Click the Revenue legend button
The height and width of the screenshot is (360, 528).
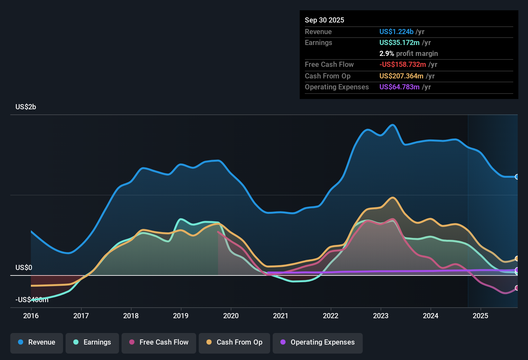pyautogui.click(x=37, y=342)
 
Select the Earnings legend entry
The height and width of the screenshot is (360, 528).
pyautogui.click(x=92, y=342)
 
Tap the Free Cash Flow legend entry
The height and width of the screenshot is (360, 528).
pyautogui.click(x=159, y=342)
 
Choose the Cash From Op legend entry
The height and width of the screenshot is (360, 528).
pyautogui.click(x=234, y=342)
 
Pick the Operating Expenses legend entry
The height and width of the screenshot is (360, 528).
pyautogui.click(x=318, y=342)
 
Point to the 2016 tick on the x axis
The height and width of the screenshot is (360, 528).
pyautogui.click(x=31, y=316)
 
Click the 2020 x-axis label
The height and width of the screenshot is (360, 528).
pyautogui.click(x=231, y=316)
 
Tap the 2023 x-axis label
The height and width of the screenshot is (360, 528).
pyautogui.click(x=381, y=316)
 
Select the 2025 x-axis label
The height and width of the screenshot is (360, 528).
pyautogui.click(x=480, y=316)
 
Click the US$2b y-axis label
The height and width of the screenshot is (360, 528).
pyautogui.click(x=26, y=107)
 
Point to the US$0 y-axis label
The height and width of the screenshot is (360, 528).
pyautogui.click(x=24, y=268)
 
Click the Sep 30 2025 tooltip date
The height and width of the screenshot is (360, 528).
pyautogui.click(x=324, y=20)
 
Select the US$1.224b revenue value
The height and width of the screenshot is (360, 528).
pyautogui.click(x=396, y=32)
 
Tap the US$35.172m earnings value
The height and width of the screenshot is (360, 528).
pyautogui.click(x=399, y=43)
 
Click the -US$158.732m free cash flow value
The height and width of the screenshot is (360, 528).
pyautogui.click(x=403, y=65)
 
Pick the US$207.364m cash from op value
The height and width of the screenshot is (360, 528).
pyautogui.click(x=401, y=76)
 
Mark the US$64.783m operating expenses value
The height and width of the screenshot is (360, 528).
pyautogui.click(x=399, y=87)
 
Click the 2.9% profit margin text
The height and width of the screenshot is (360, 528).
pyautogui.click(x=408, y=54)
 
